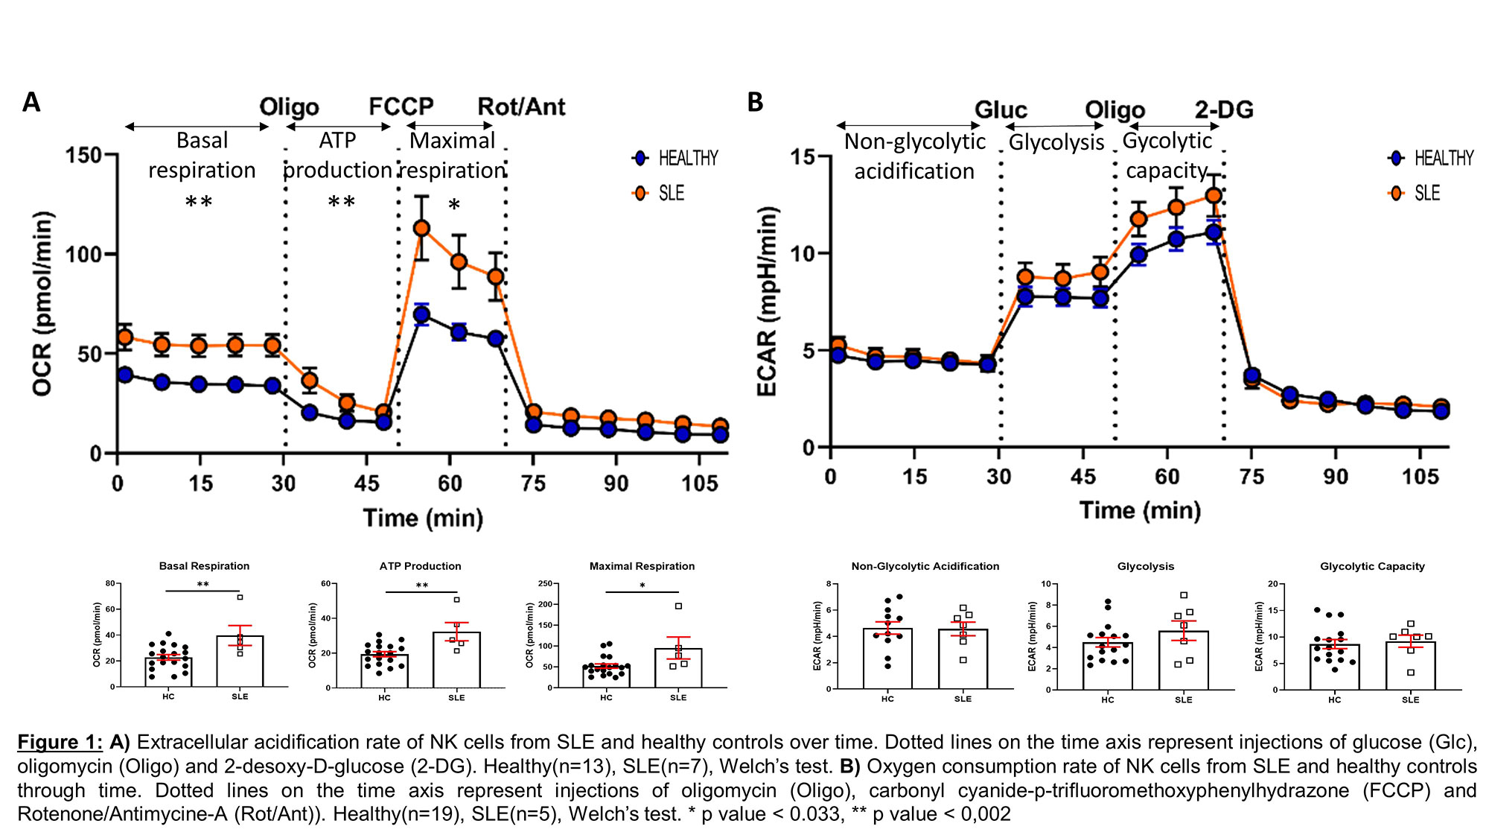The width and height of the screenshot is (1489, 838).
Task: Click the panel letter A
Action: click(x=31, y=102)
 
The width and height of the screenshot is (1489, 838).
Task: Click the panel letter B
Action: click(x=755, y=102)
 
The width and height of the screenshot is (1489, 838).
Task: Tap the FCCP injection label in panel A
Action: click(x=401, y=107)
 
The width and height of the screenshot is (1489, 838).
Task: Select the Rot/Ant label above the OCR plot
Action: click(x=521, y=107)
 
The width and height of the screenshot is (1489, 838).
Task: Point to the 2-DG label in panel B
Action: click(x=1224, y=110)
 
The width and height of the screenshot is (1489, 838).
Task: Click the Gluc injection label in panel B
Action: click(x=1001, y=110)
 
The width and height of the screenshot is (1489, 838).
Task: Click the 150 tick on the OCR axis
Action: click(x=83, y=156)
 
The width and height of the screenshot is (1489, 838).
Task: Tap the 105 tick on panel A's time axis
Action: click(x=699, y=484)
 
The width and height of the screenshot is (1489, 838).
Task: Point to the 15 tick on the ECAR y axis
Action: click(x=802, y=157)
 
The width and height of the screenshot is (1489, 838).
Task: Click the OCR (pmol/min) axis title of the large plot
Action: click(x=43, y=303)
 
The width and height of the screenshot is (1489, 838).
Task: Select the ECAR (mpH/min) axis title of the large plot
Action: click(x=767, y=301)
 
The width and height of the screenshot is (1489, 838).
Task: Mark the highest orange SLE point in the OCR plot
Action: click(x=421, y=228)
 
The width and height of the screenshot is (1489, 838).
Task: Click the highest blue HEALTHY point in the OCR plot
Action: click(x=421, y=314)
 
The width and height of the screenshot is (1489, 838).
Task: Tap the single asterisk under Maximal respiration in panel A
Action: click(x=454, y=205)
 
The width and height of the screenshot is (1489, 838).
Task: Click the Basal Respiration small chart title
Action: click(x=204, y=566)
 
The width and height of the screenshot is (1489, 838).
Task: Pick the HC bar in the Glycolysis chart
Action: click(x=1108, y=666)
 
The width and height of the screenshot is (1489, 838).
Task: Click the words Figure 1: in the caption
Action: click(x=60, y=743)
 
